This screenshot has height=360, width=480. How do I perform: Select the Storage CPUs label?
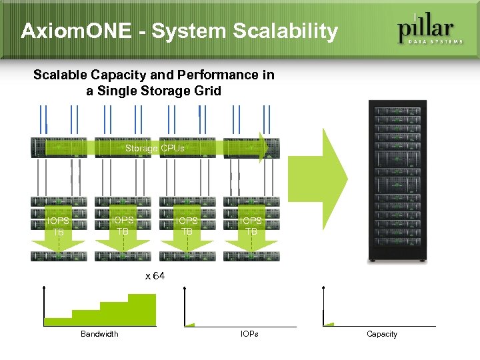click(155, 148)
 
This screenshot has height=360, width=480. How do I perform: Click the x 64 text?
click(155, 276)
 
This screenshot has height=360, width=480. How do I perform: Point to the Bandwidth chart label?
click(99, 334)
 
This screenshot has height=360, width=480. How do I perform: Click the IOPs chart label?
click(249, 334)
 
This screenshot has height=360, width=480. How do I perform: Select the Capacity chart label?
click(382, 334)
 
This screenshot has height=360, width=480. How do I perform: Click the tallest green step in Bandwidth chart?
click(142, 310)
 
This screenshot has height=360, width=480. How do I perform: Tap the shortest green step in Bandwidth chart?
click(58, 321)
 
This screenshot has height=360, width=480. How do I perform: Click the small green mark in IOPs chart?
click(190, 325)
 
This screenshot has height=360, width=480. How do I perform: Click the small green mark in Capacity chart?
click(328, 325)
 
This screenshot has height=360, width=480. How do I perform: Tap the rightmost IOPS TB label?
click(251, 226)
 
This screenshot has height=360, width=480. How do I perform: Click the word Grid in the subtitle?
click(207, 91)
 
